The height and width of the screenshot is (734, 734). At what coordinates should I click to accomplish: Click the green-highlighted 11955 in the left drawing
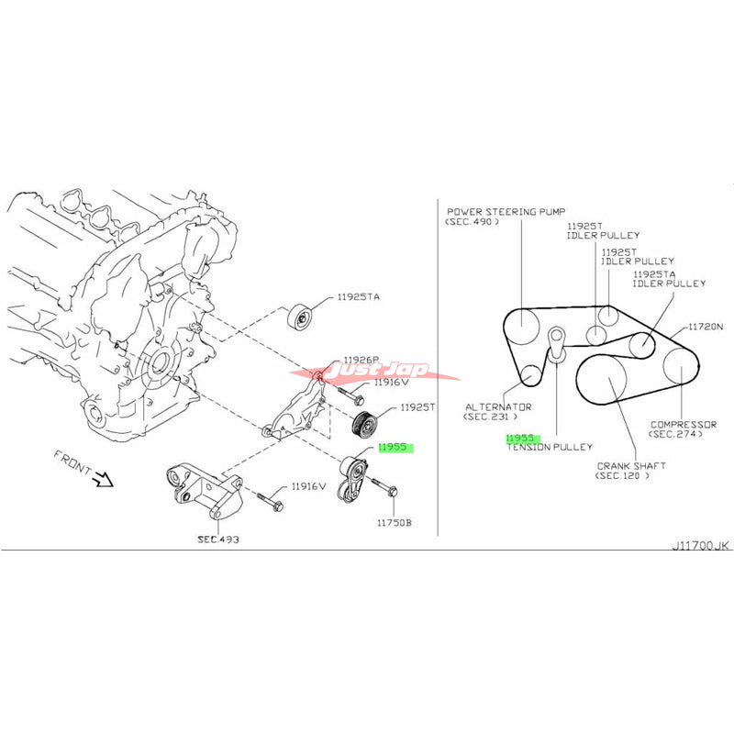coord(395,448)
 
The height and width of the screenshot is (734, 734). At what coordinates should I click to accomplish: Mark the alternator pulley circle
coord(529,373)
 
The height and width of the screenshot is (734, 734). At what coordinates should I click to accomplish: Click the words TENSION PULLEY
coord(549,447)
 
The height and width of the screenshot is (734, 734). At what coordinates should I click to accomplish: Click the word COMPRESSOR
coord(684,424)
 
